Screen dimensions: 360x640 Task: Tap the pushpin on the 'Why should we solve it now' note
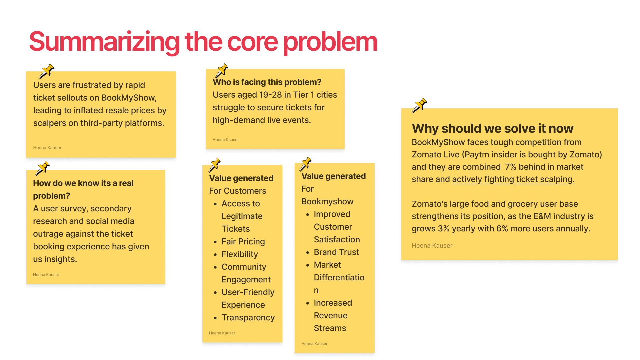[x=419, y=105]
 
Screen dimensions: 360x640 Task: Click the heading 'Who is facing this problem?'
[x=267, y=82]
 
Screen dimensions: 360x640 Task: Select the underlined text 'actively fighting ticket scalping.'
[x=513, y=179]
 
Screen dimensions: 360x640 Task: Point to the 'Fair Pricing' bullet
[x=243, y=241]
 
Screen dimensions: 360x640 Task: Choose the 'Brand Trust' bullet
[x=336, y=252]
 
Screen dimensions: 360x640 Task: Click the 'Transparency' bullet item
[x=248, y=317]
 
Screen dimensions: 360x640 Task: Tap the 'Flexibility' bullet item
[x=240, y=254]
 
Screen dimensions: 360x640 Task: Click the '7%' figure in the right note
[x=510, y=167]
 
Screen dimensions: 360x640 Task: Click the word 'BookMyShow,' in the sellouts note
[x=129, y=98]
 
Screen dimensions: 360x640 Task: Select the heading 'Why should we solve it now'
[x=492, y=128]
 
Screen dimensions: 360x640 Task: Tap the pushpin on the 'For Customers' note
[x=215, y=164]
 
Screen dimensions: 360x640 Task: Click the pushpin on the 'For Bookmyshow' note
[x=305, y=163]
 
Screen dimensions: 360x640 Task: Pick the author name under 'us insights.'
[x=46, y=275]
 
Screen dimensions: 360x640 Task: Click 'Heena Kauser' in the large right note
[x=432, y=246]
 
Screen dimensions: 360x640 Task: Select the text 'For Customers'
[x=237, y=191]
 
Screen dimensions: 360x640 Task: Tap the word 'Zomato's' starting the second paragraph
[x=429, y=204]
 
